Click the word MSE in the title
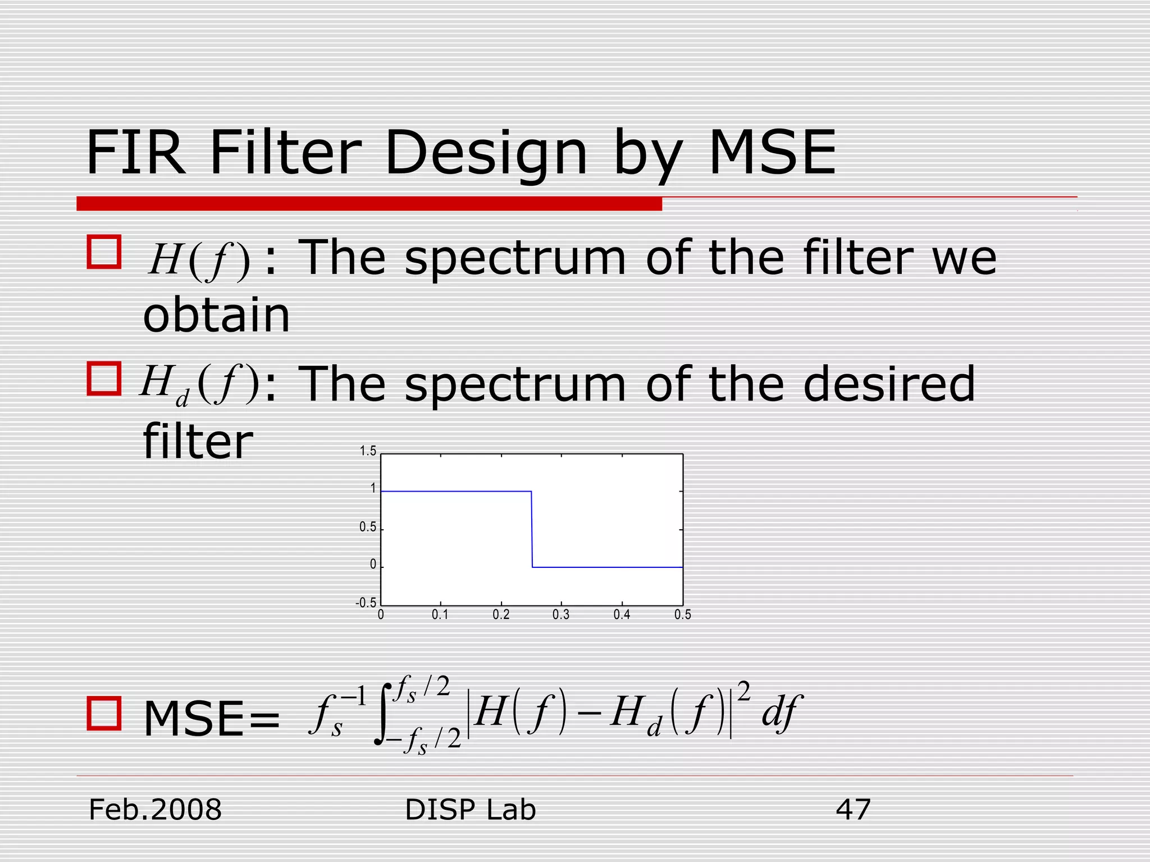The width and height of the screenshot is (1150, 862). pos(772,153)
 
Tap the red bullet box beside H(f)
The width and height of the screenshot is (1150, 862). pos(104,252)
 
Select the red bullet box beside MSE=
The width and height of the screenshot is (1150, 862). pos(104,713)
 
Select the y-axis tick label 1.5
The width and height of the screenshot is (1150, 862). pos(368,451)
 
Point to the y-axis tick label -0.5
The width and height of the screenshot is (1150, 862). pos(366,603)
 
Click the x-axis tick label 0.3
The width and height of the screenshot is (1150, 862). pos(560,615)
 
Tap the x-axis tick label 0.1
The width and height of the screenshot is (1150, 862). pos(440,615)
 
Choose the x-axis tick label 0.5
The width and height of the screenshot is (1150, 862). pos(682,615)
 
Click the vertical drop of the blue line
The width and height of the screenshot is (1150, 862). pos(532,529)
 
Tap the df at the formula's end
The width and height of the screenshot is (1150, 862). pos(782,713)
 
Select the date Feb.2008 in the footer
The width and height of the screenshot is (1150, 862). pos(156,810)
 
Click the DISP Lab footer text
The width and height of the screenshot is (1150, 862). pos(470,810)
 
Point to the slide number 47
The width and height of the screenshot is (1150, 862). pos(853,810)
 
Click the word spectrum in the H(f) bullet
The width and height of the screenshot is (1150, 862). pos(515,259)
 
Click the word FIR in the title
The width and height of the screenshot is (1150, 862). pos(135,153)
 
